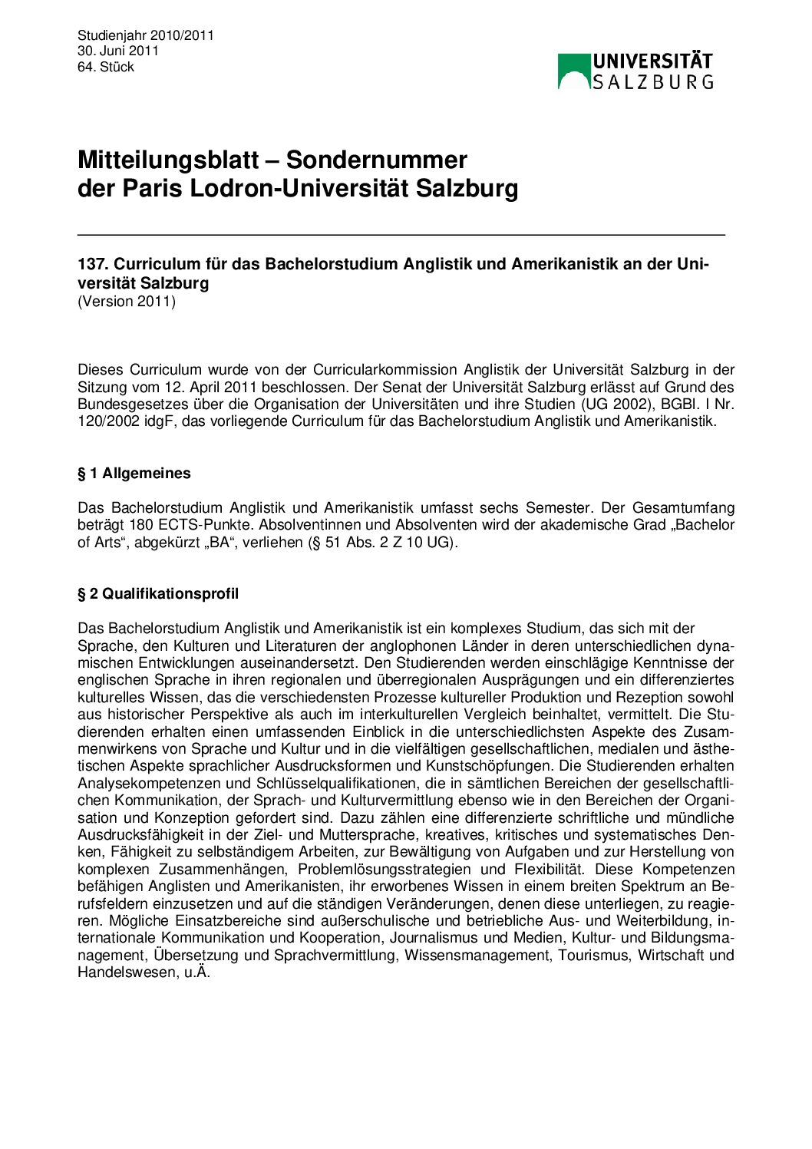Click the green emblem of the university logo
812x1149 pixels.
click(x=573, y=71)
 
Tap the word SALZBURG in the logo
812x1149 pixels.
click(x=652, y=81)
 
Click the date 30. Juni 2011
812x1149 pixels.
click(x=117, y=51)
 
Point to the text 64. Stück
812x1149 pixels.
click(x=106, y=67)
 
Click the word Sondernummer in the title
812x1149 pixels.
click(x=376, y=160)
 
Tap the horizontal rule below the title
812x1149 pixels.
click(x=401, y=234)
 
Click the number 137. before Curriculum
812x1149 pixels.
click(x=92, y=264)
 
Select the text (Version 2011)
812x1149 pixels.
click(x=127, y=301)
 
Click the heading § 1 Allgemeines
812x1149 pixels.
click(x=134, y=474)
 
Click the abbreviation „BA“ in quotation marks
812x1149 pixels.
click(x=215, y=542)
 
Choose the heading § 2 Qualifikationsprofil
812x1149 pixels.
click(x=158, y=593)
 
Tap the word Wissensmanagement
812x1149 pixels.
click(x=477, y=955)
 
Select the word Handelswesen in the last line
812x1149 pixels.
click(x=126, y=972)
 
